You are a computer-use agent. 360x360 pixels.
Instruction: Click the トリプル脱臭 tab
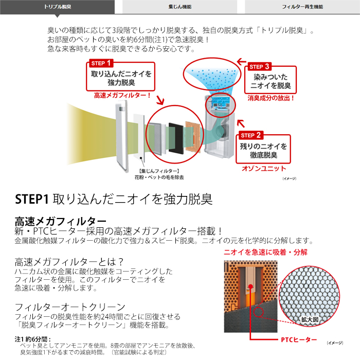coord(58,7)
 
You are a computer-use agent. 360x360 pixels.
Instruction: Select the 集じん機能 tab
coord(180,7)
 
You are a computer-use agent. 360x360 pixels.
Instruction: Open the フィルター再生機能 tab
coord(302,7)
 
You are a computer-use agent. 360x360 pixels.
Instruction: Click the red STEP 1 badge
coord(101,63)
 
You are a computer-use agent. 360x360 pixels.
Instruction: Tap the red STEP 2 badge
coord(250,135)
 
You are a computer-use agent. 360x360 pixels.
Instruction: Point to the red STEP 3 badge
coord(259,66)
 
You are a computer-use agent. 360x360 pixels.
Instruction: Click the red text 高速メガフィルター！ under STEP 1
coord(122,95)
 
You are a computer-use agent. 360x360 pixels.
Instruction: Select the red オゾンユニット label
coord(264,169)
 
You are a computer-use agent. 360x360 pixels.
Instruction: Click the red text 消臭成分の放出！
coord(271,98)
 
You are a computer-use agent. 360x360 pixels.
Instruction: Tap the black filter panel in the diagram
coord(176,137)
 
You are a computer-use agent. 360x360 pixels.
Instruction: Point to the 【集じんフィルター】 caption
coord(159,171)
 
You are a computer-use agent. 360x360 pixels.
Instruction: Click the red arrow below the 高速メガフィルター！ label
coord(160,100)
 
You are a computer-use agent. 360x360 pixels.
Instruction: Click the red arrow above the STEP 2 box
coord(241,123)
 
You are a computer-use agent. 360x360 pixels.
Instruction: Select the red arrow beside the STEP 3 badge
coord(242,61)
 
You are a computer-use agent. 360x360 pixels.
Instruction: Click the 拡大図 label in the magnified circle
coord(310,319)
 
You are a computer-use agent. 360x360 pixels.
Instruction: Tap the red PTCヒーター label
coord(299,340)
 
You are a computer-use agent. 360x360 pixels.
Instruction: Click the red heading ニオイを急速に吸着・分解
coord(266,253)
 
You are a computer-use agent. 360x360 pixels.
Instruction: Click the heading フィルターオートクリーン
coord(70,307)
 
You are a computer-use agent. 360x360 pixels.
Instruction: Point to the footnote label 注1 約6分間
coord(32,339)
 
